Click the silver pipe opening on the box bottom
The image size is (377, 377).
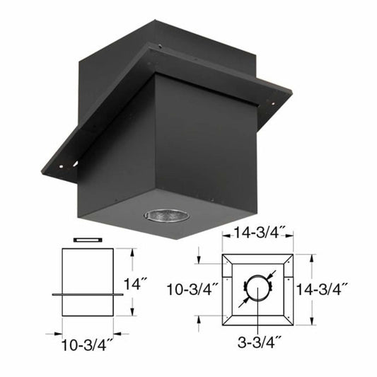point(167,215)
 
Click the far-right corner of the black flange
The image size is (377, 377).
point(290,92)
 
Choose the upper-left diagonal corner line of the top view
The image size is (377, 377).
point(229,259)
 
